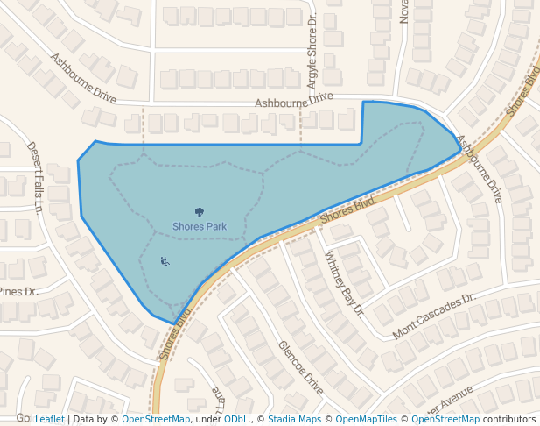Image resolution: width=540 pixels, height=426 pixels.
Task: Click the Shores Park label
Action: click(199, 226)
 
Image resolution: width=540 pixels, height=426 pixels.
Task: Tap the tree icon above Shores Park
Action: click(199, 211)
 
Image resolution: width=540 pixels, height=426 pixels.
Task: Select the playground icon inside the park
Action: click(165, 260)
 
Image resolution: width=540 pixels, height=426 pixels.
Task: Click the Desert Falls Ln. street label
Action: click(35, 177)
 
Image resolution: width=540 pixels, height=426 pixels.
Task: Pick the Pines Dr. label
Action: click(18, 292)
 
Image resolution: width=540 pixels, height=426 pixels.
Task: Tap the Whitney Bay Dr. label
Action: click(344, 283)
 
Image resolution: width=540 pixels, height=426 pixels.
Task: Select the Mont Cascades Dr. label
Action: click(433, 316)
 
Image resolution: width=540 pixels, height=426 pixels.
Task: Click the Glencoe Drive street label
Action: click(301, 367)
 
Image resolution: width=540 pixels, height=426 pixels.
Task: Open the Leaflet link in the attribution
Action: click(49, 419)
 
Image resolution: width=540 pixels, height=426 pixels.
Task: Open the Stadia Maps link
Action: click(294, 419)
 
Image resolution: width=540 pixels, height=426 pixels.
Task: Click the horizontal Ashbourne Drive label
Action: click(294, 102)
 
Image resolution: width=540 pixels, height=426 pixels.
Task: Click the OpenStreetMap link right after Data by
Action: click(155, 419)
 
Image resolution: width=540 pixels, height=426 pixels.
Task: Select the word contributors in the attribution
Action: click(508, 419)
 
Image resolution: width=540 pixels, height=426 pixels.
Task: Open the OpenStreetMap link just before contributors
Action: click(445, 419)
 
